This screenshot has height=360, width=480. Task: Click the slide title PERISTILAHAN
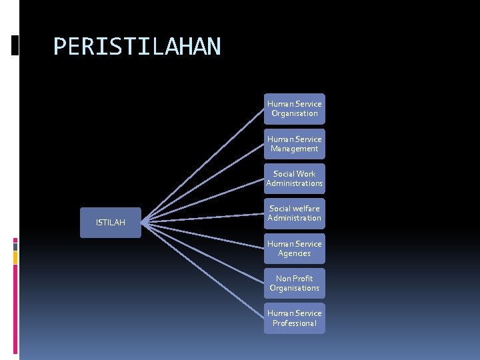pos(136,47)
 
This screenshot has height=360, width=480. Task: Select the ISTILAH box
pos(110,222)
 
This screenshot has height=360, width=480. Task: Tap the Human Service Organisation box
pos(294,109)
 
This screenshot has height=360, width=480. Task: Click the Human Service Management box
pos(294,144)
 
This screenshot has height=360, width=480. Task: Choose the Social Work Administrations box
pos(294,179)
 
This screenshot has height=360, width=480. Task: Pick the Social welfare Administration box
pos(294,213)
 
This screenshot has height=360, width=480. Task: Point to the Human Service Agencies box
pos(294,249)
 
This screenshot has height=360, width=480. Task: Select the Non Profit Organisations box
pos(294,283)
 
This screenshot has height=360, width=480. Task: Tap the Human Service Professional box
pos(294,318)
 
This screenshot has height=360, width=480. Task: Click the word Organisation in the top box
pos(295,113)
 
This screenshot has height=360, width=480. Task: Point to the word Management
pos(295,149)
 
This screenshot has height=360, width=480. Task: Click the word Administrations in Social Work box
pos(294,183)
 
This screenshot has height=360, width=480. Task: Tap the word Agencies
pos(295,253)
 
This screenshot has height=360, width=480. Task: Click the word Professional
pos(295,323)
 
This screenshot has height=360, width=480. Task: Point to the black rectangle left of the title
pos(15,45)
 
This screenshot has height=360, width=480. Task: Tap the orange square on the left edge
pos(15,255)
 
